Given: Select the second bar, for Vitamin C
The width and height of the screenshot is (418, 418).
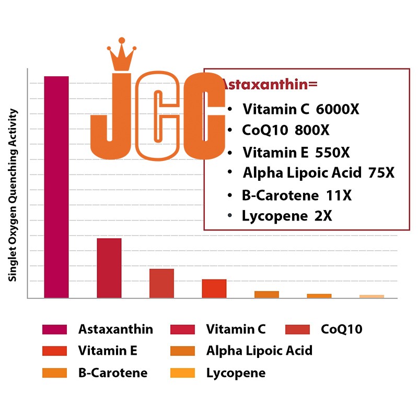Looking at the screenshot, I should (x=109, y=268).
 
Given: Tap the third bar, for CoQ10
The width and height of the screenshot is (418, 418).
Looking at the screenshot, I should (x=161, y=283).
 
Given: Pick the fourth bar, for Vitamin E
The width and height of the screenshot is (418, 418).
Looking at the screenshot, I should (x=214, y=288).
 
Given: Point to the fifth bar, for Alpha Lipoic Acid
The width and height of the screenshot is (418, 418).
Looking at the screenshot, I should (x=266, y=294).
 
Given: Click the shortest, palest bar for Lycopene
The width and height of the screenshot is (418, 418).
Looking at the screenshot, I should (x=371, y=296).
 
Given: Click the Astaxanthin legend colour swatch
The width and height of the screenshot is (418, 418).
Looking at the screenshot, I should (x=54, y=330).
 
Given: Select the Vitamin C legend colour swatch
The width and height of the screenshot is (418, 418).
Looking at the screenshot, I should (x=182, y=330).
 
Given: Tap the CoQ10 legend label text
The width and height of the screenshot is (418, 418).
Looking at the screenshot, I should (x=341, y=329).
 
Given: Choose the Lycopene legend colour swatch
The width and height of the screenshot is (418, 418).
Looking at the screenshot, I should (x=182, y=373).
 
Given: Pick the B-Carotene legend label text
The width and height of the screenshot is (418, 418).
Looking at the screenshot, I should (x=112, y=373).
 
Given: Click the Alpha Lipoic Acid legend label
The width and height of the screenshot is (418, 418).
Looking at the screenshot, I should (x=259, y=351).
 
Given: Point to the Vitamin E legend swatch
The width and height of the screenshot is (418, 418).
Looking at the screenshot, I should (x=54, y=351).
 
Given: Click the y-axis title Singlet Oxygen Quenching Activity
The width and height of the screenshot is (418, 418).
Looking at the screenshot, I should (x=13, y=195).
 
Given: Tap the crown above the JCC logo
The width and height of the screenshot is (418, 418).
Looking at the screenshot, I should (x=122, y=55).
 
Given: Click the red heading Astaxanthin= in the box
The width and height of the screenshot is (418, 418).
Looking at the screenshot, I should (x=271, y=84).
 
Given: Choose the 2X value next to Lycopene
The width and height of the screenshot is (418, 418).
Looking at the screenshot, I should (x=322, y=216).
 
